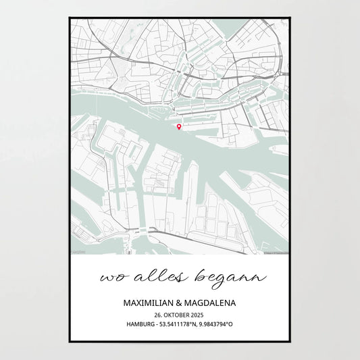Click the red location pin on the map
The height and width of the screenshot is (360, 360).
[x=178, y=126]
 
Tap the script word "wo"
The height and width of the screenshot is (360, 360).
[x=110, y=278]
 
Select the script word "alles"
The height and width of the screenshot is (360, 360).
[x=149, y=276]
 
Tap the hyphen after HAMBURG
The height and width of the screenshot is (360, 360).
[x=157, y=325]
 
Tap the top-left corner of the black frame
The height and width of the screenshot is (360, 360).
[x=69, y=17]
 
